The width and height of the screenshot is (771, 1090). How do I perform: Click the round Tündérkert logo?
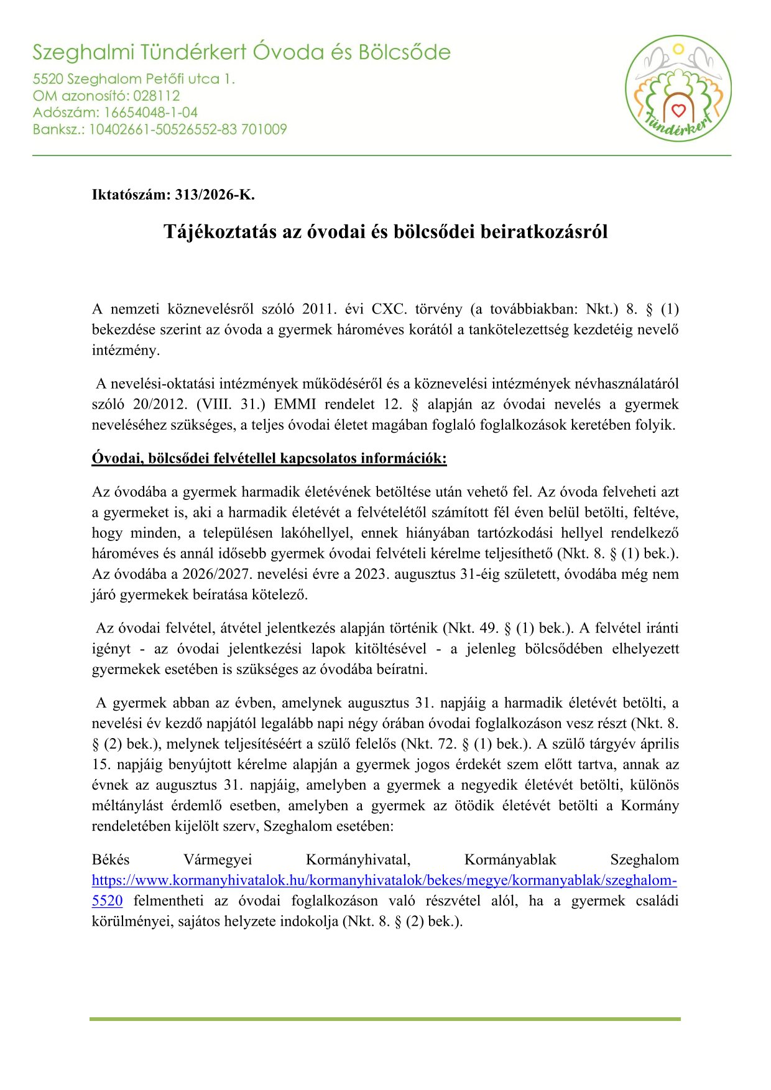click(x=678, y=88)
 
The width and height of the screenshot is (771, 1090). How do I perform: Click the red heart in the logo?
click(x=678, y=111)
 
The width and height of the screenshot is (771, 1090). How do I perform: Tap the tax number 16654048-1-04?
click(x=150, y=113)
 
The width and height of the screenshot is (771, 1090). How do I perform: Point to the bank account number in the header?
click(x=188, y=129)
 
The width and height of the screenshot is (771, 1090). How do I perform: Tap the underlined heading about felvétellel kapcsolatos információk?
click(x=269, y=458)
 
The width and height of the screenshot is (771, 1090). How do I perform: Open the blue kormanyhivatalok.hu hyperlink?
click(x=384, y=880)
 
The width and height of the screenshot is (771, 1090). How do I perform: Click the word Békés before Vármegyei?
click(x=111, y=860)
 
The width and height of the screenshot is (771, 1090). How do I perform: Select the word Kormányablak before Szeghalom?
click(x=510, y=860)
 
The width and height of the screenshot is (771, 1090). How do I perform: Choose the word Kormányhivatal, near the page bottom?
click(x=358, y=860)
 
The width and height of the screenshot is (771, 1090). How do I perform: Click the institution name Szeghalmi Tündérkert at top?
click(x=139, y=52)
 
